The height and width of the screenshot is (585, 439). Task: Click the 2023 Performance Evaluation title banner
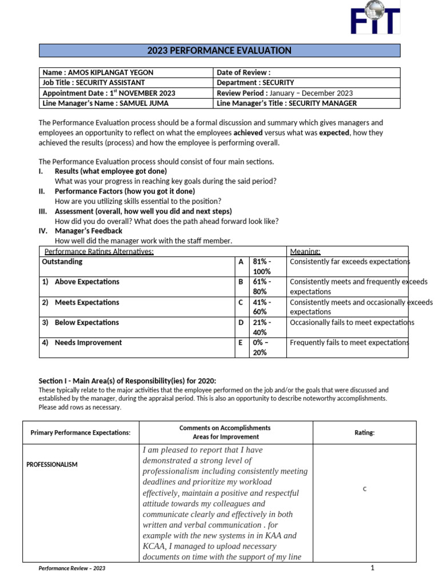(x=219, y=51)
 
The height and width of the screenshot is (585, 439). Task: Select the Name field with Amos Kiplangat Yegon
(x=98, y=73)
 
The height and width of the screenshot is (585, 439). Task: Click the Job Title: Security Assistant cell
(x=94, y=83)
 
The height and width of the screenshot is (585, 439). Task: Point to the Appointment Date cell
(x=109, y=93)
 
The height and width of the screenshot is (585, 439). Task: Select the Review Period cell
(x=285, y=93)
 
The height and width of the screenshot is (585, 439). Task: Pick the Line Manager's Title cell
(x=287, y=103)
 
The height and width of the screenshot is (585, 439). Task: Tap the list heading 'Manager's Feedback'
(x=88, y=231)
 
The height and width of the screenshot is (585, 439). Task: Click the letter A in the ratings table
(x=241, y=262)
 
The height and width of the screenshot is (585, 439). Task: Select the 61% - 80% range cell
(x=262, y=287)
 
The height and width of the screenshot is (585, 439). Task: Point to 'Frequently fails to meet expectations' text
(x=349, y=343)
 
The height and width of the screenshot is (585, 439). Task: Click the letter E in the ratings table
(x=241, y=343)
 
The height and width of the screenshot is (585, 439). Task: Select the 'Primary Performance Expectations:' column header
(x=81, y=433)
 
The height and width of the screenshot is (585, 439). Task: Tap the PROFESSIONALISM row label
(x=52, y=464)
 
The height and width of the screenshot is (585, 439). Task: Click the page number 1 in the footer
(x=372, y=568)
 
